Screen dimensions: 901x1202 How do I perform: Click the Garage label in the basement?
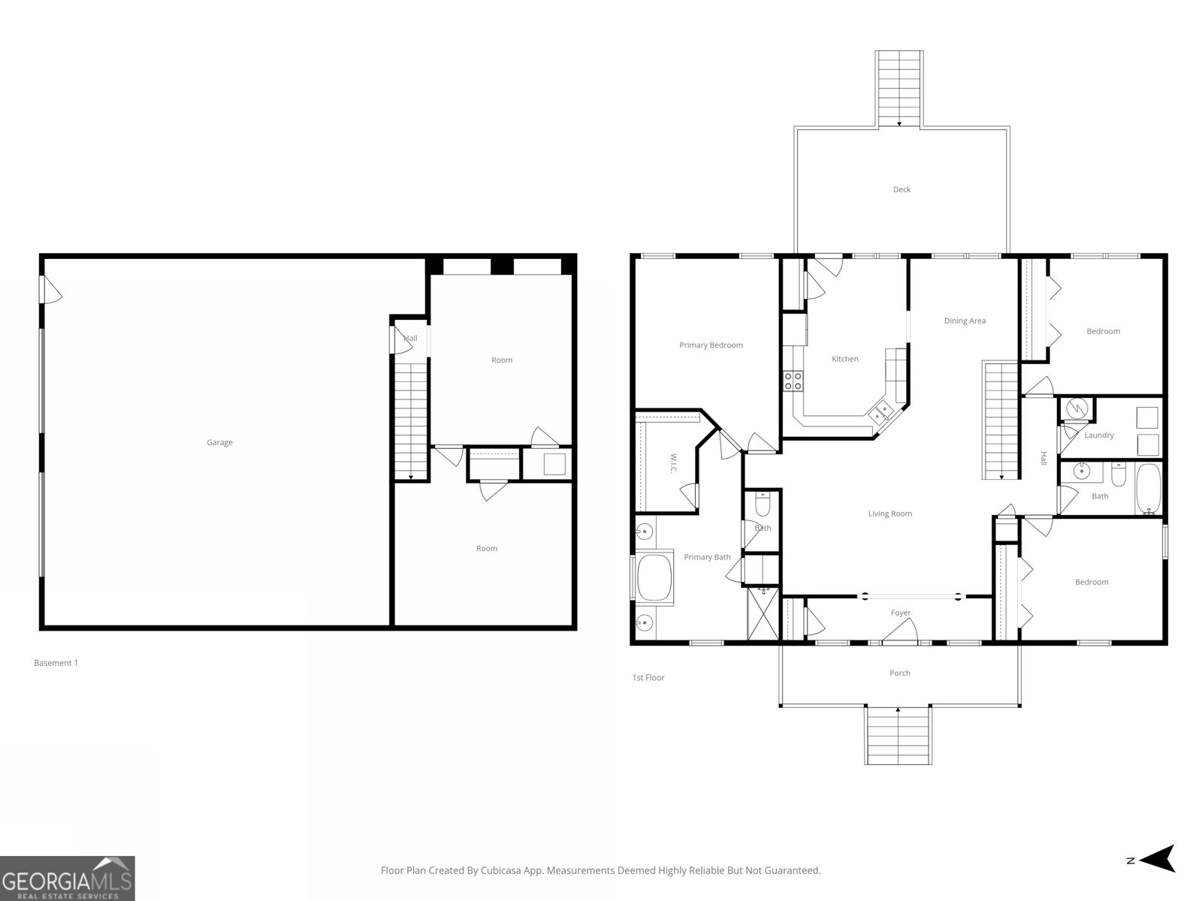[219, 442]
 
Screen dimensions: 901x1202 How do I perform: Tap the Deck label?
[901, 189]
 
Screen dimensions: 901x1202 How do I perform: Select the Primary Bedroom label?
[711, 345]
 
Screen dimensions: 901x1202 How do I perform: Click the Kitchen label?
[844, 359]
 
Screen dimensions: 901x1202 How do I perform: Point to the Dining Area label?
[965, 321]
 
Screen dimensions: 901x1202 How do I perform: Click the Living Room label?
[889, 514]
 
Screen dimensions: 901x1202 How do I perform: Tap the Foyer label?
[900, 613]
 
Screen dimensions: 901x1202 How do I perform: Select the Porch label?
[899, 673]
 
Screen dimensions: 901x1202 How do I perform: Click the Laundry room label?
[1098, 435]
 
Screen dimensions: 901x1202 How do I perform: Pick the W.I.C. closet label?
[674, 463]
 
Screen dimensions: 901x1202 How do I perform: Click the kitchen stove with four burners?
[793, 381]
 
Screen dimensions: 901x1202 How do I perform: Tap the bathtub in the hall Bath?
[1147, 489]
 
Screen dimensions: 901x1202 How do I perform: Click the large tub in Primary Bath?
[654, 577]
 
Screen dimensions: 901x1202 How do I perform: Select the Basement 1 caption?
[56, 663]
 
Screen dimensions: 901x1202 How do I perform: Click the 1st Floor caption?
[648, 677]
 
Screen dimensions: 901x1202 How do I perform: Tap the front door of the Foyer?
[900, 637]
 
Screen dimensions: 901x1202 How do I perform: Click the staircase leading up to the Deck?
[898, 88]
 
